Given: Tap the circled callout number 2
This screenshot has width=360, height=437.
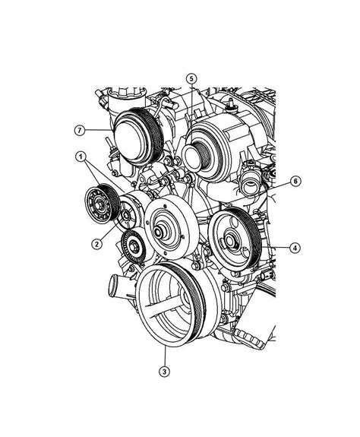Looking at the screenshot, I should [96, 244].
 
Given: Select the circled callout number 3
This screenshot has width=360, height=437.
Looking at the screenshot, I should [164, 372].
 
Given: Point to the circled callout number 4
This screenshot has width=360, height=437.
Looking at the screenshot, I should [293, 247].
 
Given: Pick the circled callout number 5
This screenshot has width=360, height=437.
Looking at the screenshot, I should [191, 78].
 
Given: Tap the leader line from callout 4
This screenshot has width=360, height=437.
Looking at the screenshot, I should [273, 247].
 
